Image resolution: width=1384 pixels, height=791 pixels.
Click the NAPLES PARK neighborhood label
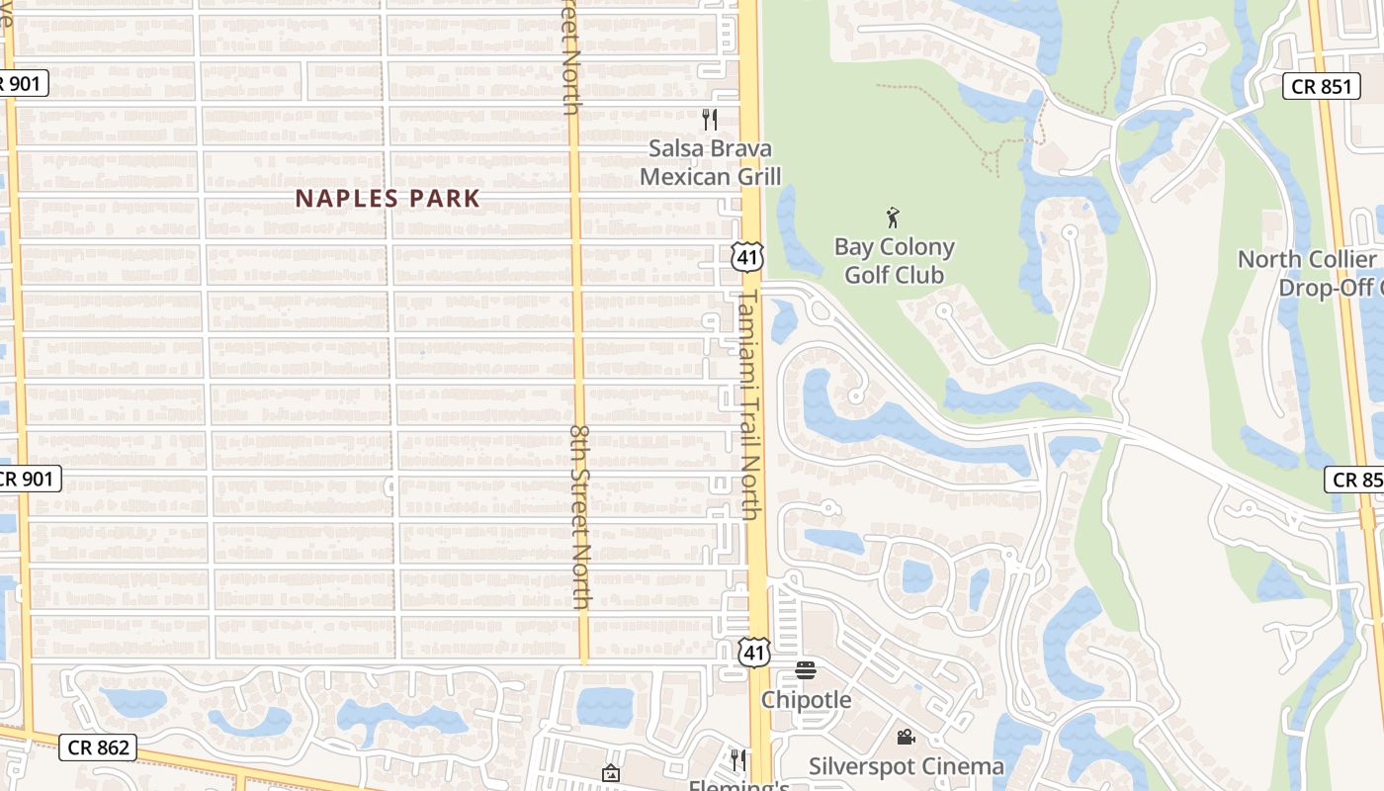tap(388, 199)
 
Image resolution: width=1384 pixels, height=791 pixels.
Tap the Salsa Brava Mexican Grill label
tap(710, 162)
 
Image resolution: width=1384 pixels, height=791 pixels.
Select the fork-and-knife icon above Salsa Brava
tap(709, 120)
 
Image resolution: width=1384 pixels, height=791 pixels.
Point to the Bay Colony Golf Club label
tap(895, 261)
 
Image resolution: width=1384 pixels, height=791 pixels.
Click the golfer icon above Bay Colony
tap(894, 218)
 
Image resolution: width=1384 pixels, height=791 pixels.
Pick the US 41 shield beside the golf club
tap(747, 257)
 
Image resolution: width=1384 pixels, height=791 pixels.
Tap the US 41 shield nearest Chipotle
tap(753, 651)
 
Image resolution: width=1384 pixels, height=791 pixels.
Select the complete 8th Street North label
tap(581, 516)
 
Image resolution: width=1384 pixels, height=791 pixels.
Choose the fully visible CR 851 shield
tap(1321, 86)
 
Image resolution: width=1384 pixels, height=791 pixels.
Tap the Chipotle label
tap(806, 700)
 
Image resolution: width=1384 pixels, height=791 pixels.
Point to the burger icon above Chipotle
tap(806, 670)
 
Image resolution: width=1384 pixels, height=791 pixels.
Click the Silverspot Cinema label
tap(906, 766)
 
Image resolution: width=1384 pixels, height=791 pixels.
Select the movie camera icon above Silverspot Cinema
tap(906, 737)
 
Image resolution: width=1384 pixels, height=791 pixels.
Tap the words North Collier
tap(1306, 260)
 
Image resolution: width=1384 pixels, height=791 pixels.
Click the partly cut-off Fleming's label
tap(738, 785)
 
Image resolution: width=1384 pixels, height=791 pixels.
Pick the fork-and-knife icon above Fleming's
tap(737, 759)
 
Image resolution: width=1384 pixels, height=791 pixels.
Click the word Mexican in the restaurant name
tap(685, 177)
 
